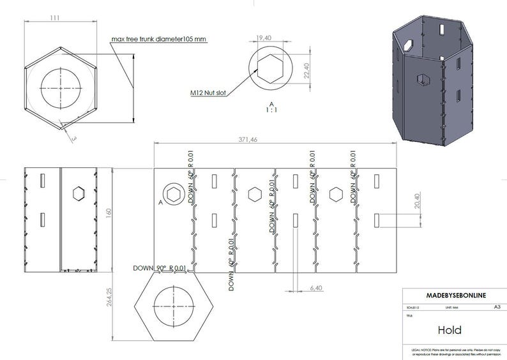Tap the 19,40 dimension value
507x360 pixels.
click(264, 39)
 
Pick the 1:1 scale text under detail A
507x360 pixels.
click(271, 110)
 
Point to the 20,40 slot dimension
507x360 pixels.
click(418, 201)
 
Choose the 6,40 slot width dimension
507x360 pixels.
click(315, 289)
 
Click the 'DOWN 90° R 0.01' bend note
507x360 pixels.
click(160, 267)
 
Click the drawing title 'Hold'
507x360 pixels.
click(450, 330)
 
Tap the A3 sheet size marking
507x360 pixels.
click(497, 306)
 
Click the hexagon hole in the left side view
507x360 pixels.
click(79, 193)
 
